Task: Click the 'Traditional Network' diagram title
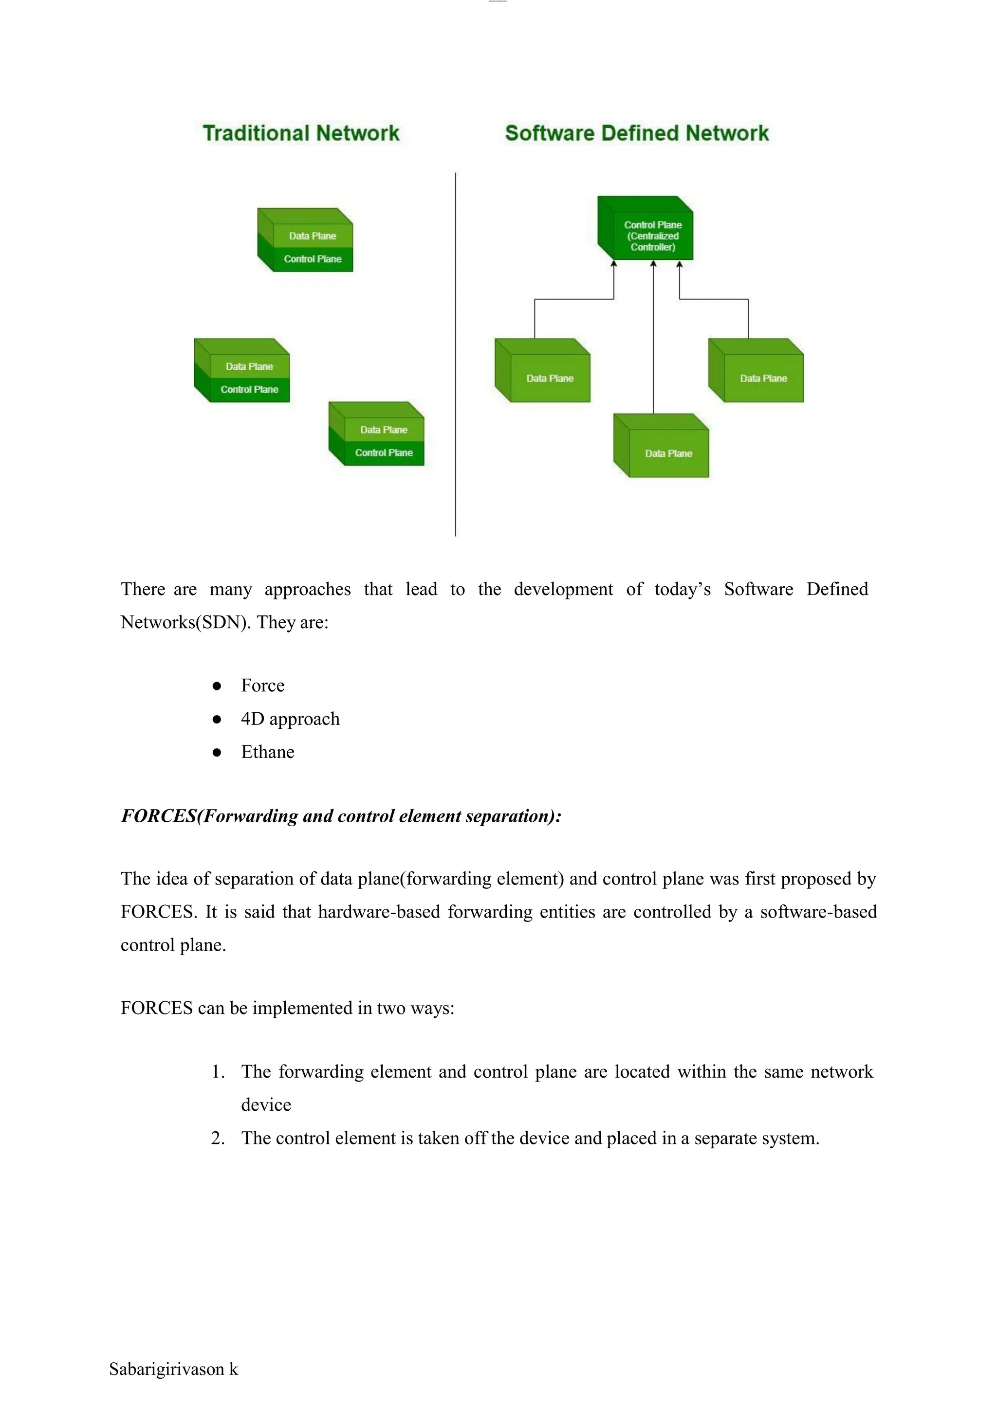click(301, 133)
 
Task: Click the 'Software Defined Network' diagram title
click(637, 133)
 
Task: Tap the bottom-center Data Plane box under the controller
click(668, 453)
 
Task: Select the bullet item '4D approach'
click(290, 719)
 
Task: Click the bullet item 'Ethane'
click(267, 752)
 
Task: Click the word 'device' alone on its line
click(266, 1104)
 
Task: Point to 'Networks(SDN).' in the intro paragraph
click(185, 622)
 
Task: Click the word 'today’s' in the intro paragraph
click(682, 589)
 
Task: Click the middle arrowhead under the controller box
click(653, 264)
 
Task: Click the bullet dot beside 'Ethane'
click(217, 752)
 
